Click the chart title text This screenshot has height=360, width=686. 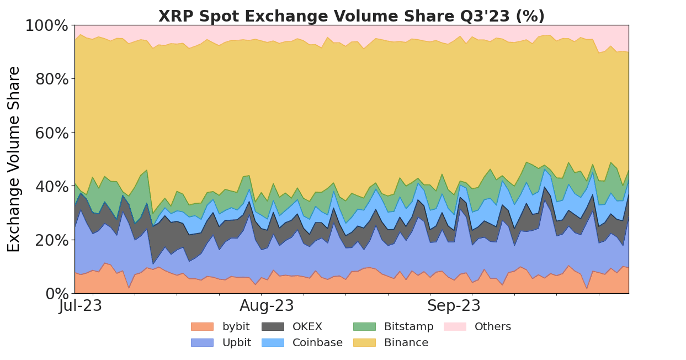pyautogui.click(x=351, y=17)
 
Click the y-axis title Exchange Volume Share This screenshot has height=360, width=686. pyautogui.click(x=14, y=159)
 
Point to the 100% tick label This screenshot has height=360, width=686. pyautogui.click(x=47, y=26)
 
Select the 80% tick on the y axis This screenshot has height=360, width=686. pyautogui.click(x=52, y=80)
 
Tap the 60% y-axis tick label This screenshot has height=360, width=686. pyautogui.click(x=52, y=133)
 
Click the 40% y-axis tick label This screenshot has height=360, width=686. pyautogui.click(x=52, y=187)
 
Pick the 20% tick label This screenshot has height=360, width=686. pyautogui.click(x=52, y=240)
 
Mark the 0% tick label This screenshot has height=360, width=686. pyautogui.click(x=56, y=294)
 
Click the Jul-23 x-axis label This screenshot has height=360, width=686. pyautogui.click(x=81, y=306)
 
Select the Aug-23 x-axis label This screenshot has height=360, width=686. pyautogui.click(x=267, y=306)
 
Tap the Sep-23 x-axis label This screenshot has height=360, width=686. pyautogui.click(x=454, y=306)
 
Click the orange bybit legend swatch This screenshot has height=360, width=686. pyautogui.click(x=202, y=327)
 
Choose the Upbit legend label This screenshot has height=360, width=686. pyautogui.click(x=237, y=343)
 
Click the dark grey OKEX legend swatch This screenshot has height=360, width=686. pyautogui.click(x=273, y=327)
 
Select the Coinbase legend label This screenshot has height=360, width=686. pyautogui.click(x=317, y=343)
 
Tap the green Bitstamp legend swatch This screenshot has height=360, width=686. pyautogui.click(x=364, y=327)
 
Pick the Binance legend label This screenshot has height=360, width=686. pyautogui.click(x=406, y=343)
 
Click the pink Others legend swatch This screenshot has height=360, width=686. pyautogui.click(x=455, y=327)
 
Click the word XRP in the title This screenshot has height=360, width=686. pyautogui.click(x=176, y=17)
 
